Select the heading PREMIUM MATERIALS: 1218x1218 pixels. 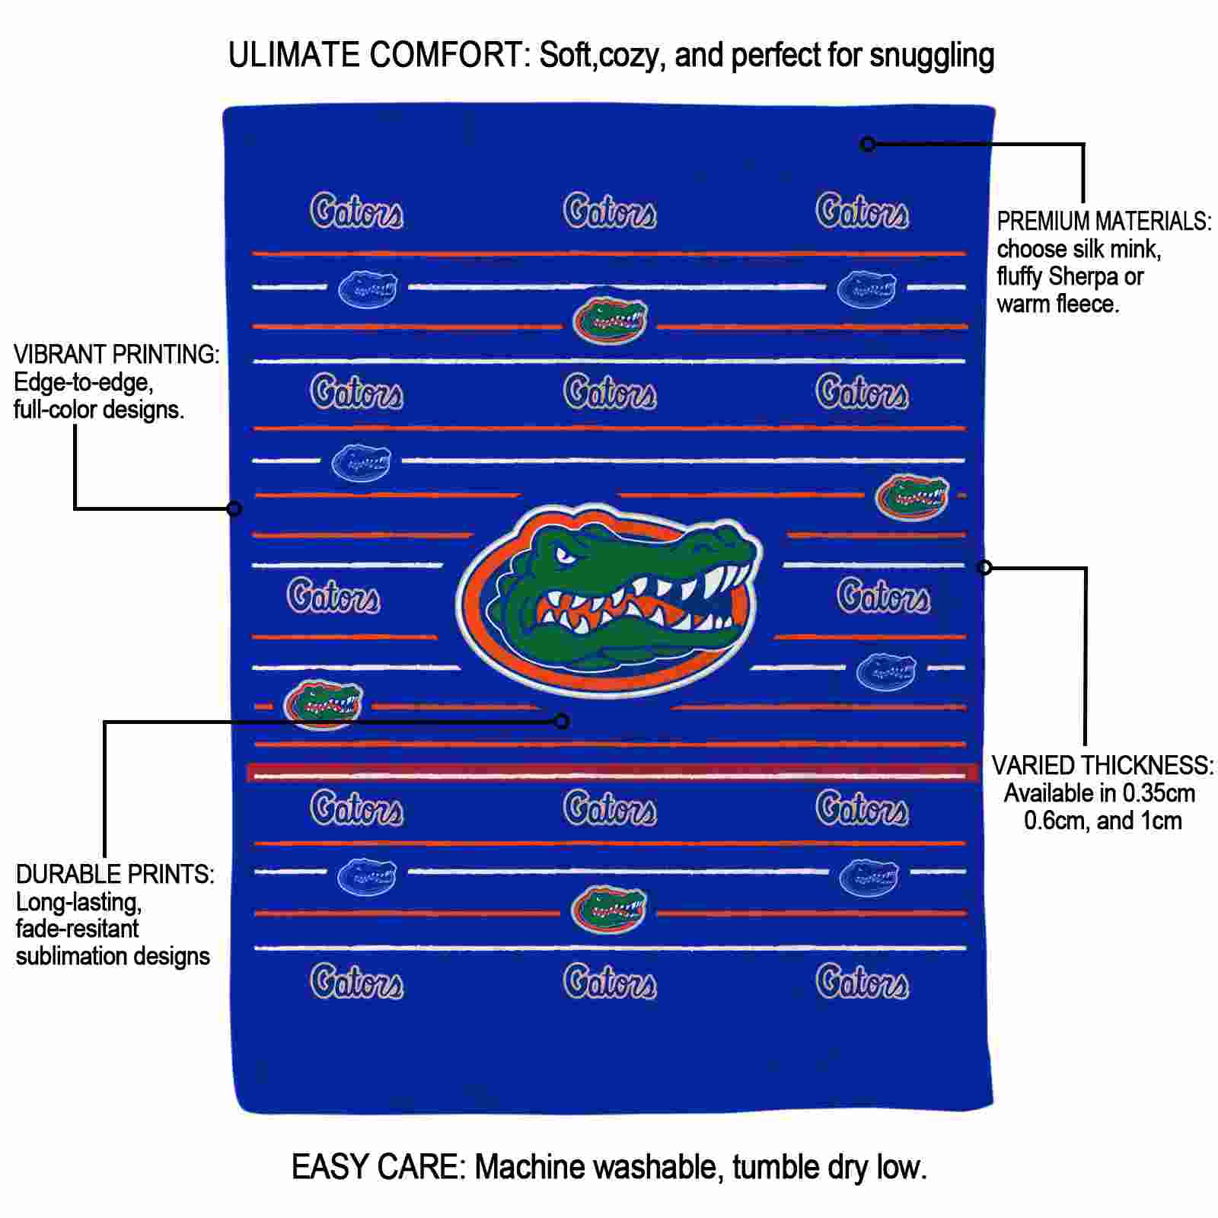1104,222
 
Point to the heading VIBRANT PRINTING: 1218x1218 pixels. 116,355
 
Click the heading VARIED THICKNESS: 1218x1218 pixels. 1102,765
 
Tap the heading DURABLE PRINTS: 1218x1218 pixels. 115,874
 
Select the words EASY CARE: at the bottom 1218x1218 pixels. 378,1166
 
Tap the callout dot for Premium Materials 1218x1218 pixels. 868,144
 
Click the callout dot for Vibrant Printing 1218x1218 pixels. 234,508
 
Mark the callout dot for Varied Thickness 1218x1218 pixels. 984,567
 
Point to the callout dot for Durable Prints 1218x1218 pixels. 562,721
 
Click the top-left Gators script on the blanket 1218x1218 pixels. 356,211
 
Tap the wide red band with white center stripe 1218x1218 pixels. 613,773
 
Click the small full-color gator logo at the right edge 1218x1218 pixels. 912,496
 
